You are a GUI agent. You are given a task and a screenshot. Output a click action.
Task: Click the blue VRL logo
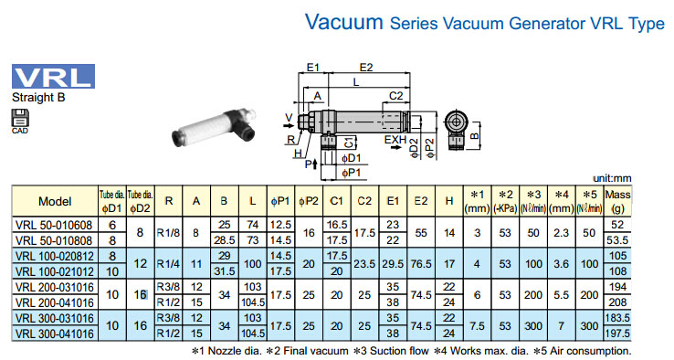pyautogui.click(x=53, y=76)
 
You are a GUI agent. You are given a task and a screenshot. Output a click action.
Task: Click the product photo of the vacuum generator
pyautogui.click(x=214, y=128)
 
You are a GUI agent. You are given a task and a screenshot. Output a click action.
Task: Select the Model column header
pyautogui.click(x=55, y=201)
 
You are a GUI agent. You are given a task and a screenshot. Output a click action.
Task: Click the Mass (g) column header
pyautogui.click(x=617, y=201)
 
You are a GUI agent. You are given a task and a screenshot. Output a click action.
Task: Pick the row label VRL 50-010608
pyautogui.click(x=54, y=225)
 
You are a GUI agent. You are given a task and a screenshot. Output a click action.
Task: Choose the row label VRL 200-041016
pyautogui.click(x=54, y=302)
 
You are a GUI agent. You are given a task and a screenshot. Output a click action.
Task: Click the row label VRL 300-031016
pyautogui.click(x=54, y=318)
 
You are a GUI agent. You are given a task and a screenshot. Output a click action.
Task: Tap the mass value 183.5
pyautogui.click(x=617, y=318)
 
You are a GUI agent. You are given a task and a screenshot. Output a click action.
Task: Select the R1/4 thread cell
pyautogui.click(x=168, y=264)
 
